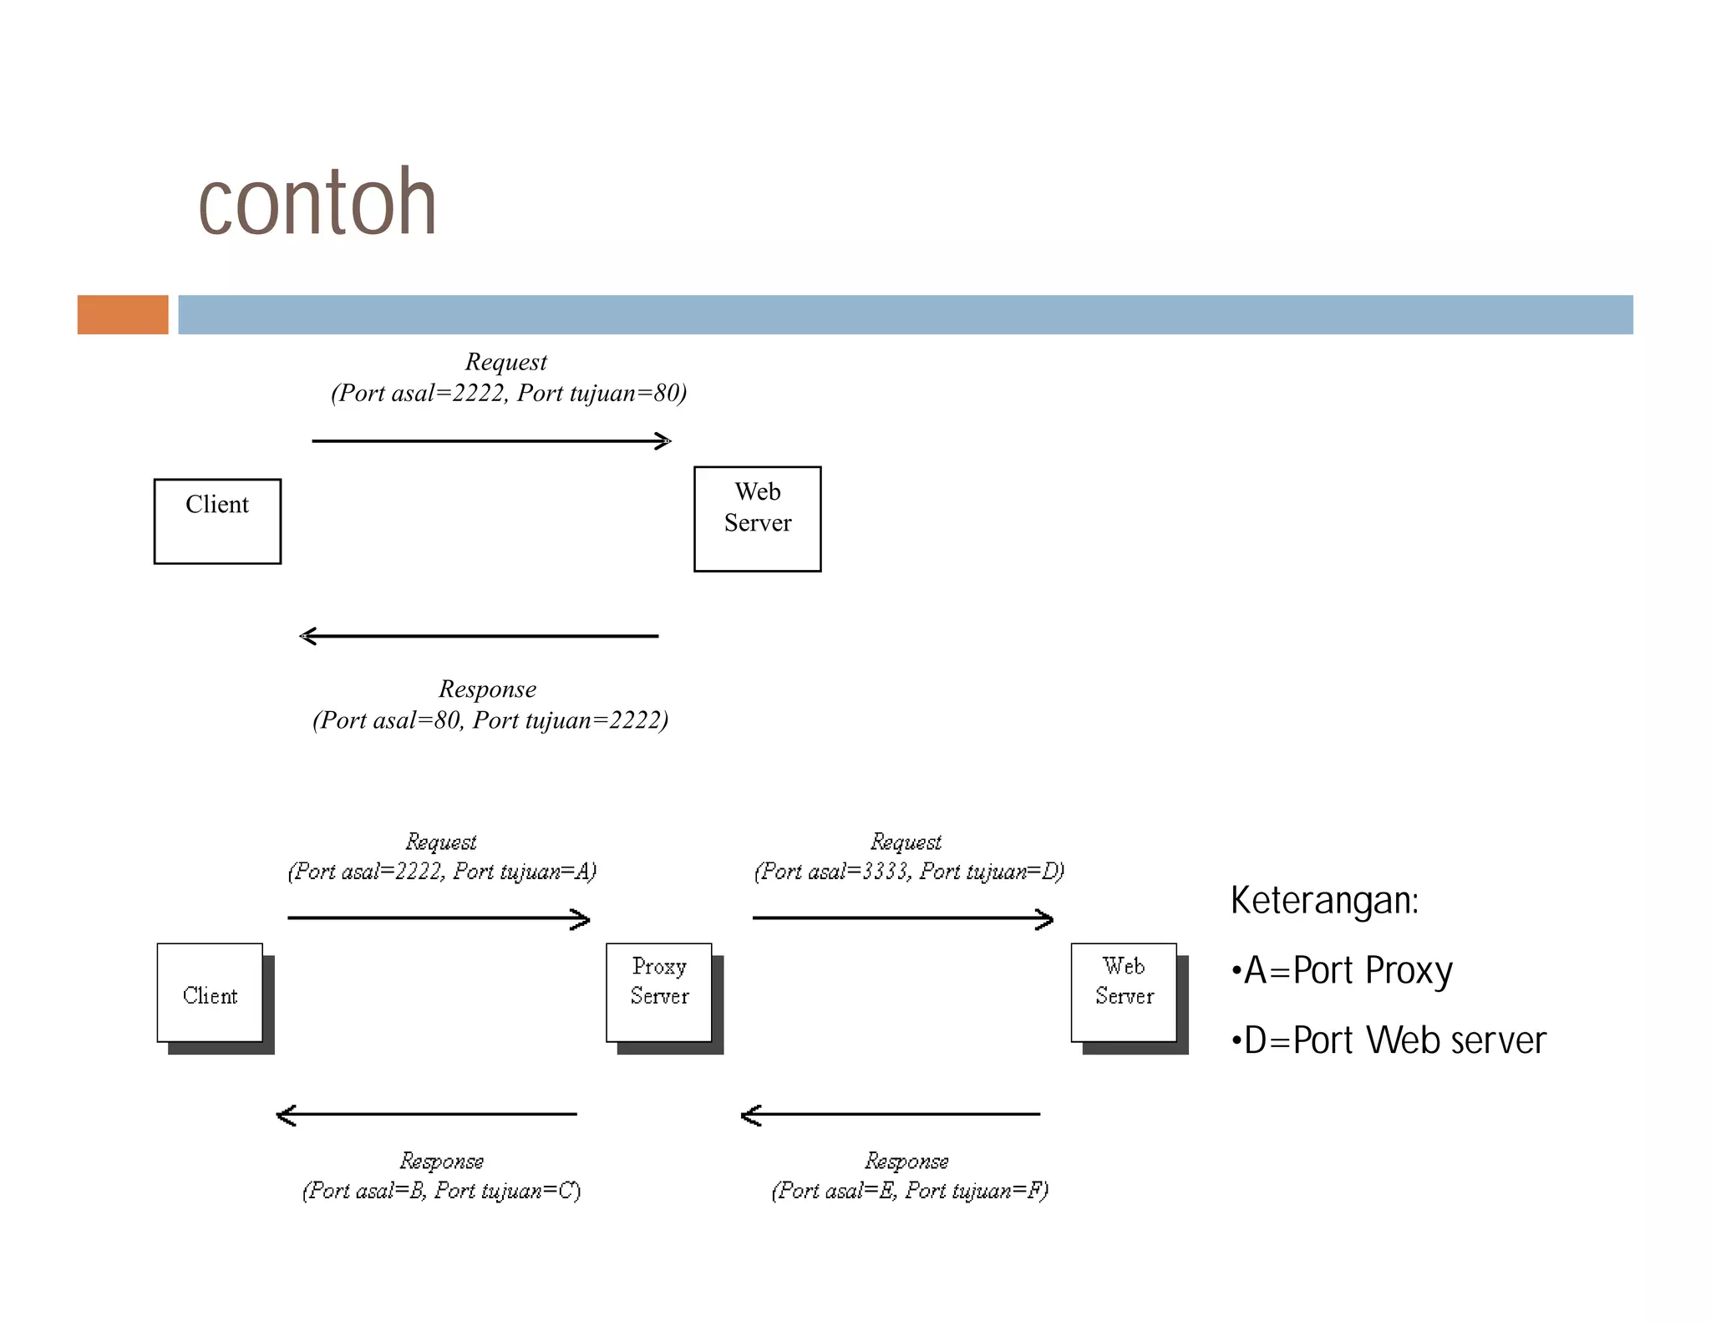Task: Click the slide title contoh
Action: coord(317,202)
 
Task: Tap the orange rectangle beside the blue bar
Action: coord(123,315)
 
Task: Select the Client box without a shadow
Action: coord(217,521)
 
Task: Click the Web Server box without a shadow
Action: coord(757,519)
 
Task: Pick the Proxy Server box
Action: coord(659,993)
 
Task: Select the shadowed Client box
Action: coord(210,993)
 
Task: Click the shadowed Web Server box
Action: coord(1124,993)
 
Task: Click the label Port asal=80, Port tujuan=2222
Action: coord(490,720)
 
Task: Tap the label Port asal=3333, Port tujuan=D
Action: coord(909,872)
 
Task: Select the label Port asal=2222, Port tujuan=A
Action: coord(442,872)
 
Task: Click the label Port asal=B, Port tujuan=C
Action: coord(441,1191)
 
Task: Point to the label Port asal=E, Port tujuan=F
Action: coord(910,1191)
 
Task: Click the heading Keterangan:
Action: coord(1324,901)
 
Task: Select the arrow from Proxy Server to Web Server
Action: coord(902,918)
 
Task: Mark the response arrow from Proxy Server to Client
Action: coord(426,1115)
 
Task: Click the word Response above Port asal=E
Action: coord(906,1161)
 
